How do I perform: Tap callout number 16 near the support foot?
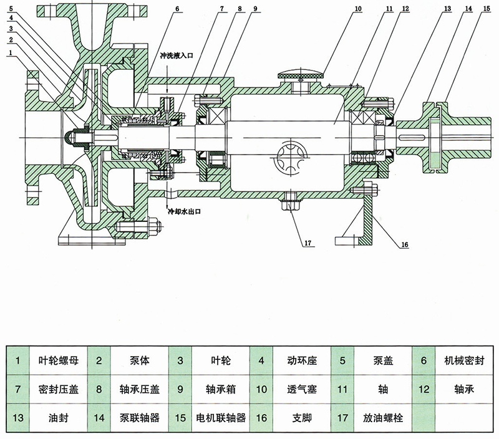coord(404,244)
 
